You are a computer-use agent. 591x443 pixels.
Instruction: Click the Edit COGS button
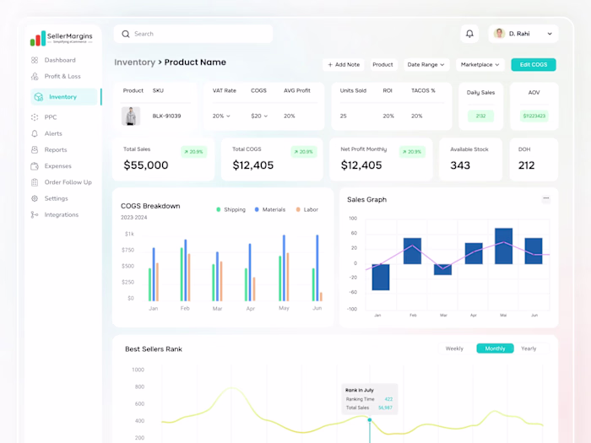click(x=534, y=64)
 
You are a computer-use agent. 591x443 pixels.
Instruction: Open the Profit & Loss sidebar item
click(x=62, y=76)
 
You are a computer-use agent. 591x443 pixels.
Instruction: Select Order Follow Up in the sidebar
click(x=68, y=182)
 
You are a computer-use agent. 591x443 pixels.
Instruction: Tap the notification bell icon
click(x=470, y=34)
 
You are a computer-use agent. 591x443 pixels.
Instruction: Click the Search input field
click(x=196, y=34)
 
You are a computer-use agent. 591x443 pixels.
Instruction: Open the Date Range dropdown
click(x=426, y=64)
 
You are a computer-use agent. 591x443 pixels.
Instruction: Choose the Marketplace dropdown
click(x=480, y=64)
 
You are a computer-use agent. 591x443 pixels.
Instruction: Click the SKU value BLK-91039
click(x=166, y=116)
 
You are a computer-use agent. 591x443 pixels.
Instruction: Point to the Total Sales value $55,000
click(x=146, y=165)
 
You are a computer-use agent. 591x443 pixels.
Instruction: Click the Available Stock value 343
click(x=460, y=165)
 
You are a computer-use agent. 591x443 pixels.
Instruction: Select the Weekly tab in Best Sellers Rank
click(x=454, y=348)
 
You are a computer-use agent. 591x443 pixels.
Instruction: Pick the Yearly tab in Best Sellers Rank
click(x=529, y=348)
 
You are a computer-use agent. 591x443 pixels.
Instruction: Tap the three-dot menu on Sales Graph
click(x=546, y=198)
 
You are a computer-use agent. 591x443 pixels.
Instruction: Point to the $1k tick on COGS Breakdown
click(x=129, y=234)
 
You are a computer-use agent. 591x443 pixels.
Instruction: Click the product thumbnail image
click(x=131, y=116)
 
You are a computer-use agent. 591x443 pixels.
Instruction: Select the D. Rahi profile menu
click(x=523, y=34)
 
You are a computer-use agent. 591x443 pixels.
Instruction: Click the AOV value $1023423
click(x=534, y=116)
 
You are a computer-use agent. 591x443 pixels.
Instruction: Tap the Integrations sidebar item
click(x=62, y=214)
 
